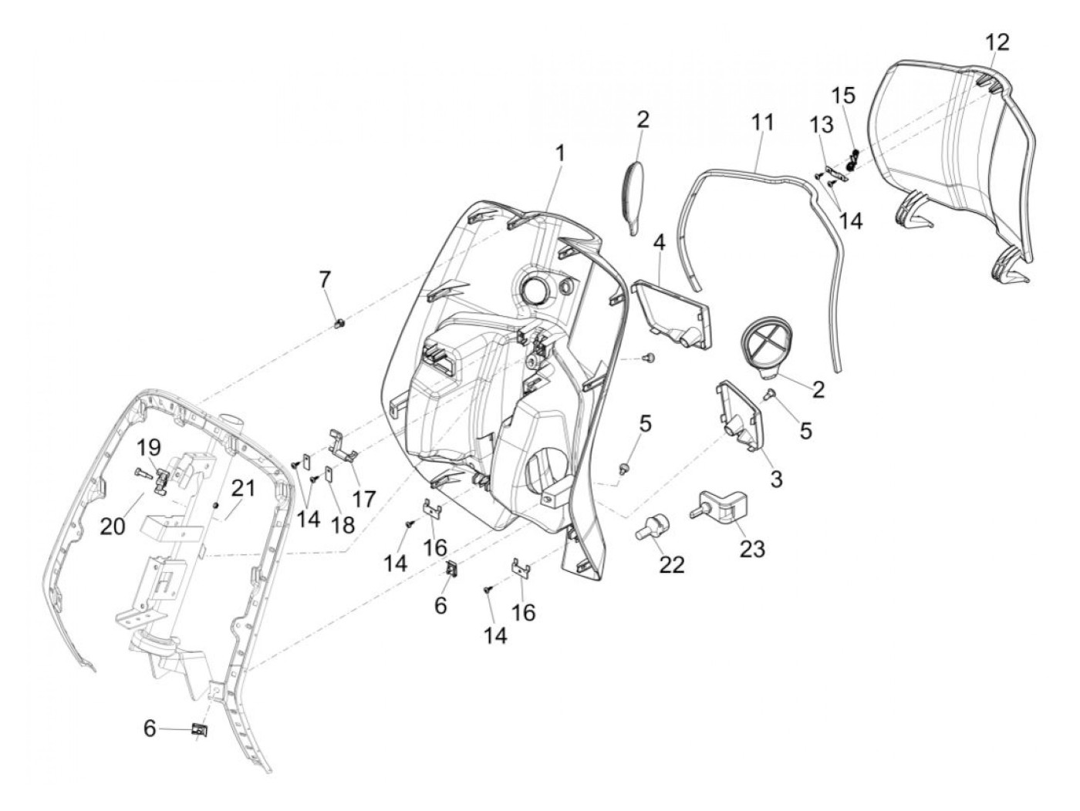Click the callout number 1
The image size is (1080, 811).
pos(560,153)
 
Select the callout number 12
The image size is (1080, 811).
pos(996,42)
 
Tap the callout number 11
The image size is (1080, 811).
pos(761,122)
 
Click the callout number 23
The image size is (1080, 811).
pos(752,548)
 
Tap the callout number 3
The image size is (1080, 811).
pos(776,479)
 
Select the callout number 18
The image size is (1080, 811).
pos(343,525)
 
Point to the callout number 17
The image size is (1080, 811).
pos(364,498)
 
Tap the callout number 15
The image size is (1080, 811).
pos(843,96)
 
